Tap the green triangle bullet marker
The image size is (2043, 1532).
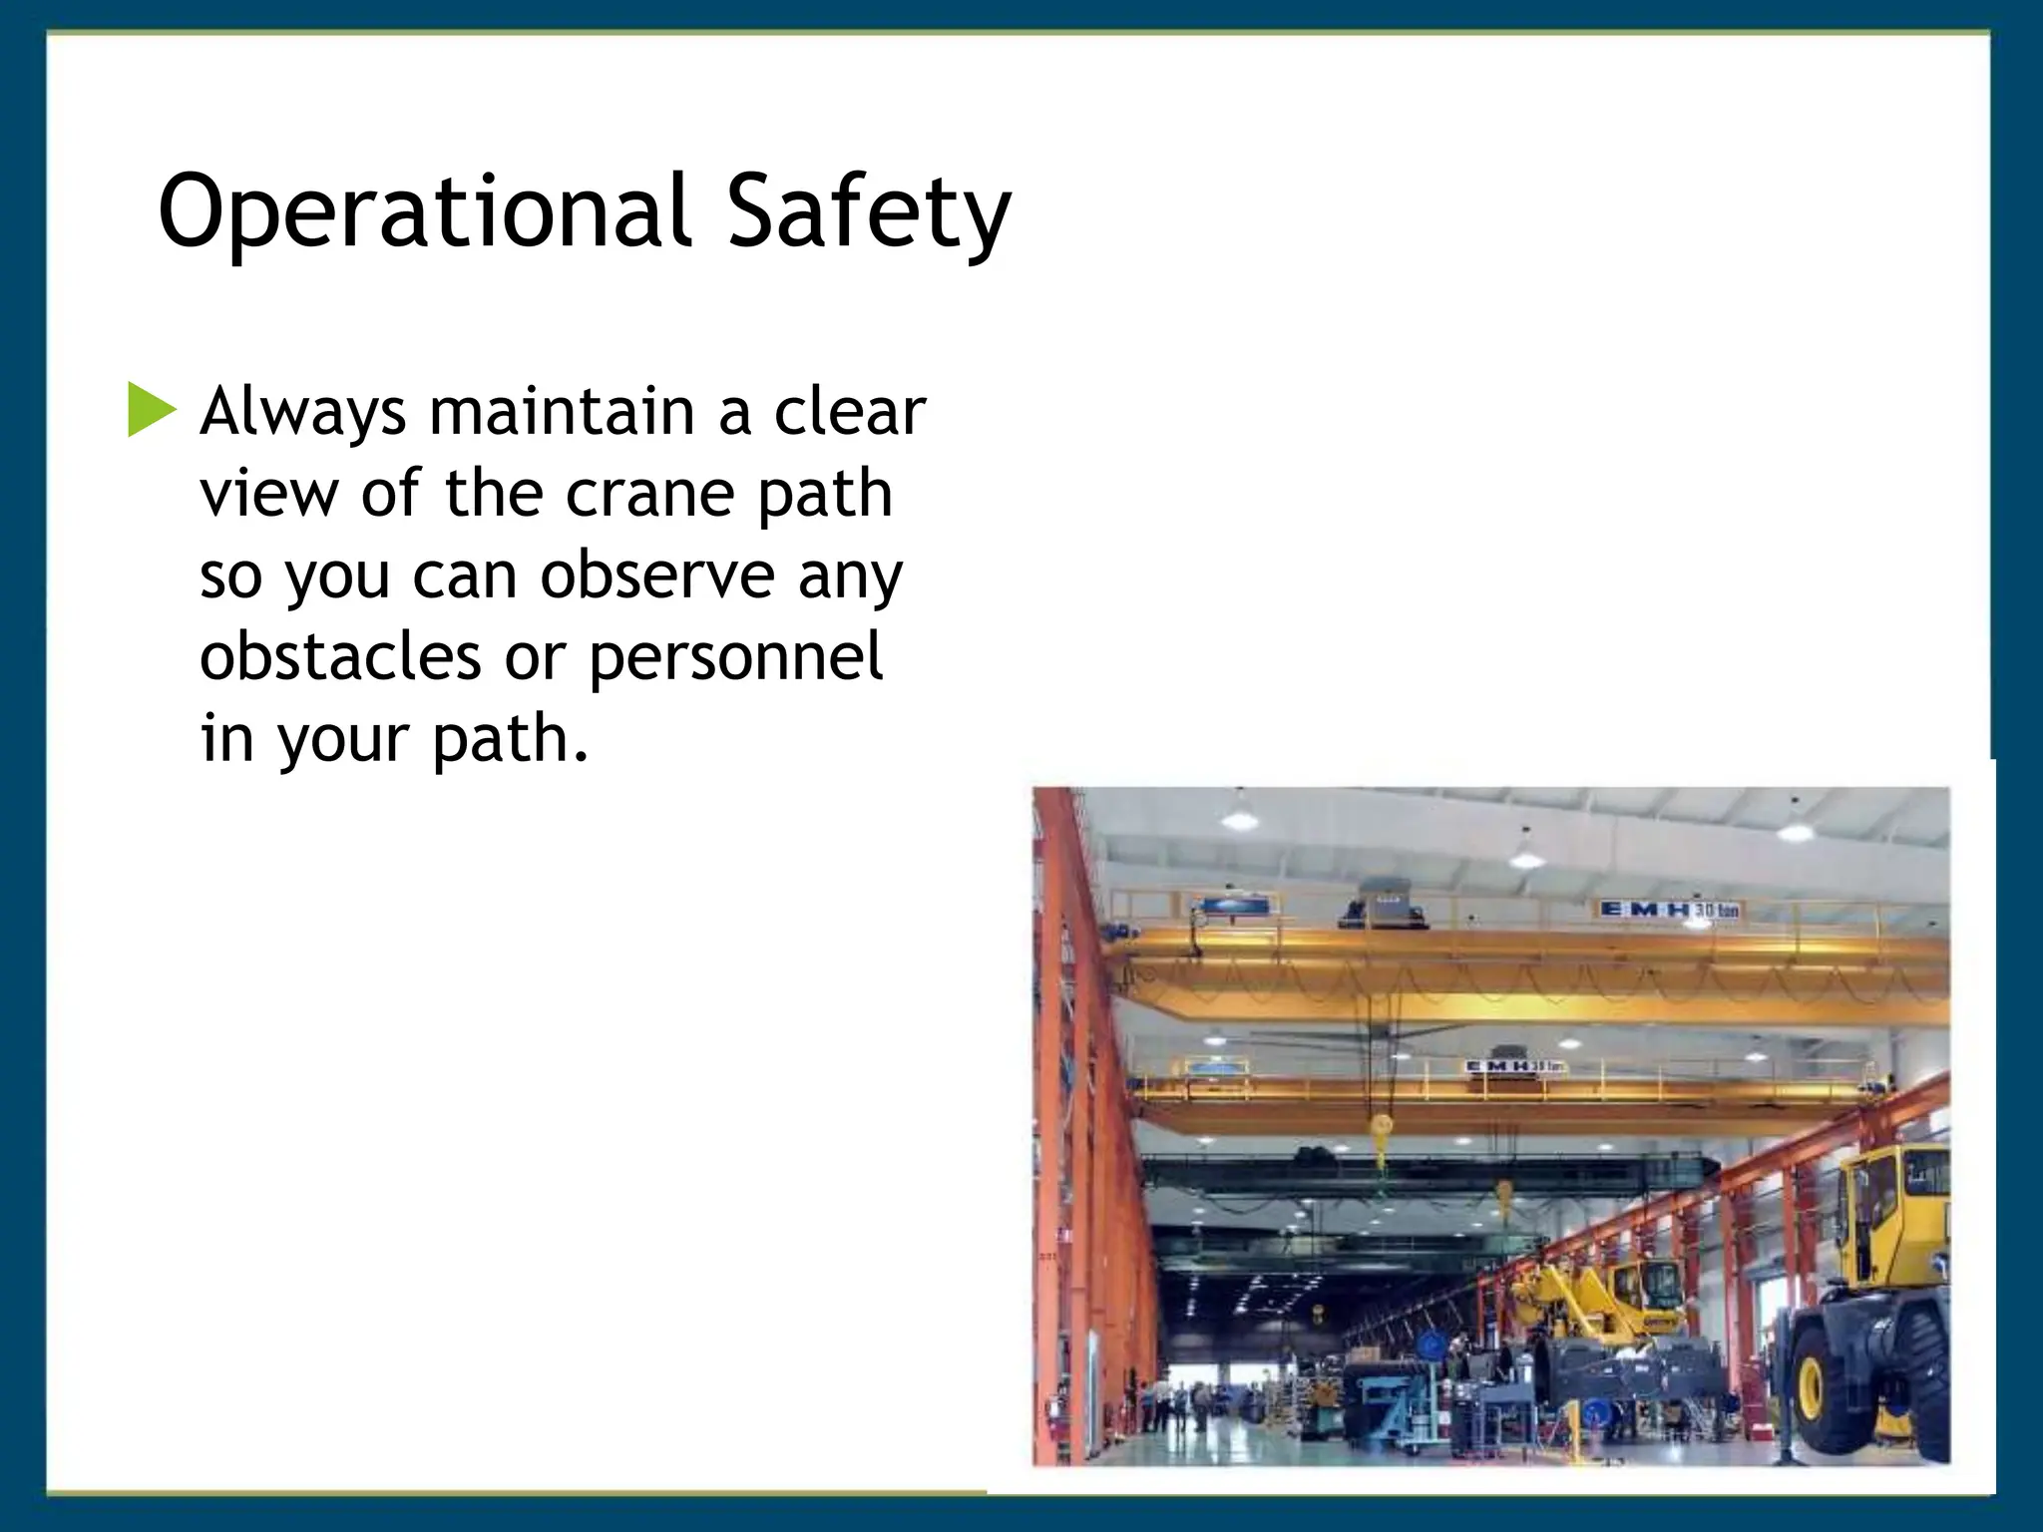click(151, 411)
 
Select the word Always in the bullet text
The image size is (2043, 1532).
click(302, 413)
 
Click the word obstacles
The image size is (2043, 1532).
click(340, 658)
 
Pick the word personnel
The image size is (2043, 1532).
click(735, 658)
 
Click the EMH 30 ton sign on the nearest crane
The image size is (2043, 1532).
click(1669, 910)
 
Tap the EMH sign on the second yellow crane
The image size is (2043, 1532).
click(1514, 1067)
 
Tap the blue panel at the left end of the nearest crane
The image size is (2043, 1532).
click(1225, 907)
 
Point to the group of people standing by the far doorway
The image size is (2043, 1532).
click(1177, 1404)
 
